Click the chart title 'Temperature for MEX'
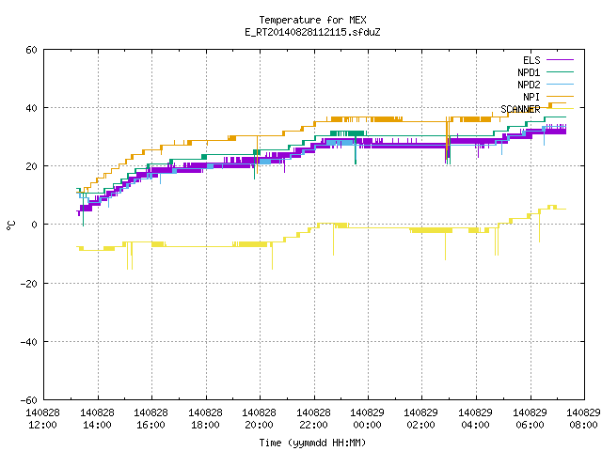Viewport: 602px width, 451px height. click(312, 20)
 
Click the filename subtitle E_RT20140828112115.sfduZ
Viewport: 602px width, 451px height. click(312, 32)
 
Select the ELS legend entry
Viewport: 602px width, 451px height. click(548, 60)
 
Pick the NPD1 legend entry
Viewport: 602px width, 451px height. click(546, 72)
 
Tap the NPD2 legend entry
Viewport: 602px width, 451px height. click(546, 85)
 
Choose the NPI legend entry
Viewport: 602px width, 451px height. click(548, 97)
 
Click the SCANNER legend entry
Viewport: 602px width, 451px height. click(537, 109)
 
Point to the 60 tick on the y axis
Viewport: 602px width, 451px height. click(31, 50)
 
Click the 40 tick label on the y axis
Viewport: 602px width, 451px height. click(31, 108)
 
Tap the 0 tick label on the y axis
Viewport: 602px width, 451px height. click(35, 225)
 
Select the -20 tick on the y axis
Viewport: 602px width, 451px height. click(29, 284)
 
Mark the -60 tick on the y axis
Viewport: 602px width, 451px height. click(29, 400)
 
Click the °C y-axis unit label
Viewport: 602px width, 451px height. click(10, 225)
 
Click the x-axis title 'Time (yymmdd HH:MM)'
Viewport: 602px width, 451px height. click(312, 443)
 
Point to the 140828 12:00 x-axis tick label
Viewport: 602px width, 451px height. click(43, 419)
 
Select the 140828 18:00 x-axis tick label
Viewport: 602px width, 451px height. click(205, 419)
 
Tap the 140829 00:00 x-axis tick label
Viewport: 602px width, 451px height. click(368, 419)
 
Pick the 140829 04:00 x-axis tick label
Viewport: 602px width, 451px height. click(476, 419)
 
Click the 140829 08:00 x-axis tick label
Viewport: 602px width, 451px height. click(583, 419)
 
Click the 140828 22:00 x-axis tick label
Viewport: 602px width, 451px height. click(313, 419)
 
